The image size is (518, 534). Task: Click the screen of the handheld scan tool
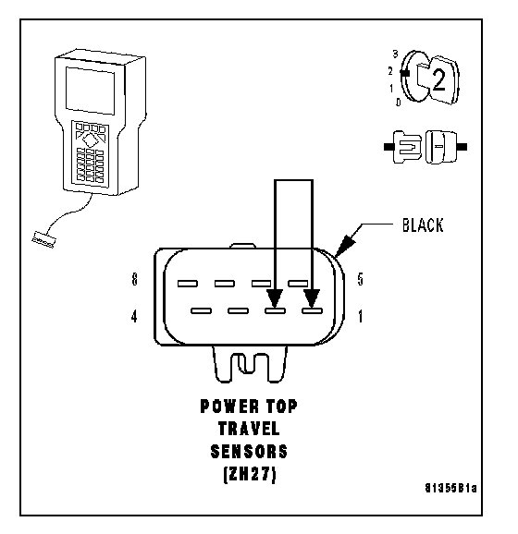pos(90,91)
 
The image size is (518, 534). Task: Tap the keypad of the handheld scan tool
pos(91,153)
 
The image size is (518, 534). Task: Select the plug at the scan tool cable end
pos(43,239)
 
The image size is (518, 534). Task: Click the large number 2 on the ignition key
pos(438,80)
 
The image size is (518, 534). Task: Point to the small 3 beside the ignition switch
pos(395,54)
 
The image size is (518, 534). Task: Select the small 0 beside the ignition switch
pos(399,102)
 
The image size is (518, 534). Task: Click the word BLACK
pos(423,225)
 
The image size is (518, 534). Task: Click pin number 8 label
pos(135,279)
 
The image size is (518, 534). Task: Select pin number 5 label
pos(361,279)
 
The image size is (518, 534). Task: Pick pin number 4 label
pos(134,316)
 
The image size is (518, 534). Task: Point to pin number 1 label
pos(361,316)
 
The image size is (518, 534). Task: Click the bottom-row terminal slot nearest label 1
pos(312,310)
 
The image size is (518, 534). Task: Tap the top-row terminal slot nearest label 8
pos(188,284)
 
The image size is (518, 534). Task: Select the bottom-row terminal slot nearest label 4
pos(202,310)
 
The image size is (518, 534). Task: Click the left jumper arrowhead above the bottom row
pos(276,298)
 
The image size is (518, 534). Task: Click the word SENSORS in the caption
pos(249,452)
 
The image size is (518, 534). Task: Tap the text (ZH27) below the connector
pos(250,474)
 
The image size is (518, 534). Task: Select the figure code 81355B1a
pos(450,488)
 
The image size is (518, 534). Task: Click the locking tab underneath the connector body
pos(250,364)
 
